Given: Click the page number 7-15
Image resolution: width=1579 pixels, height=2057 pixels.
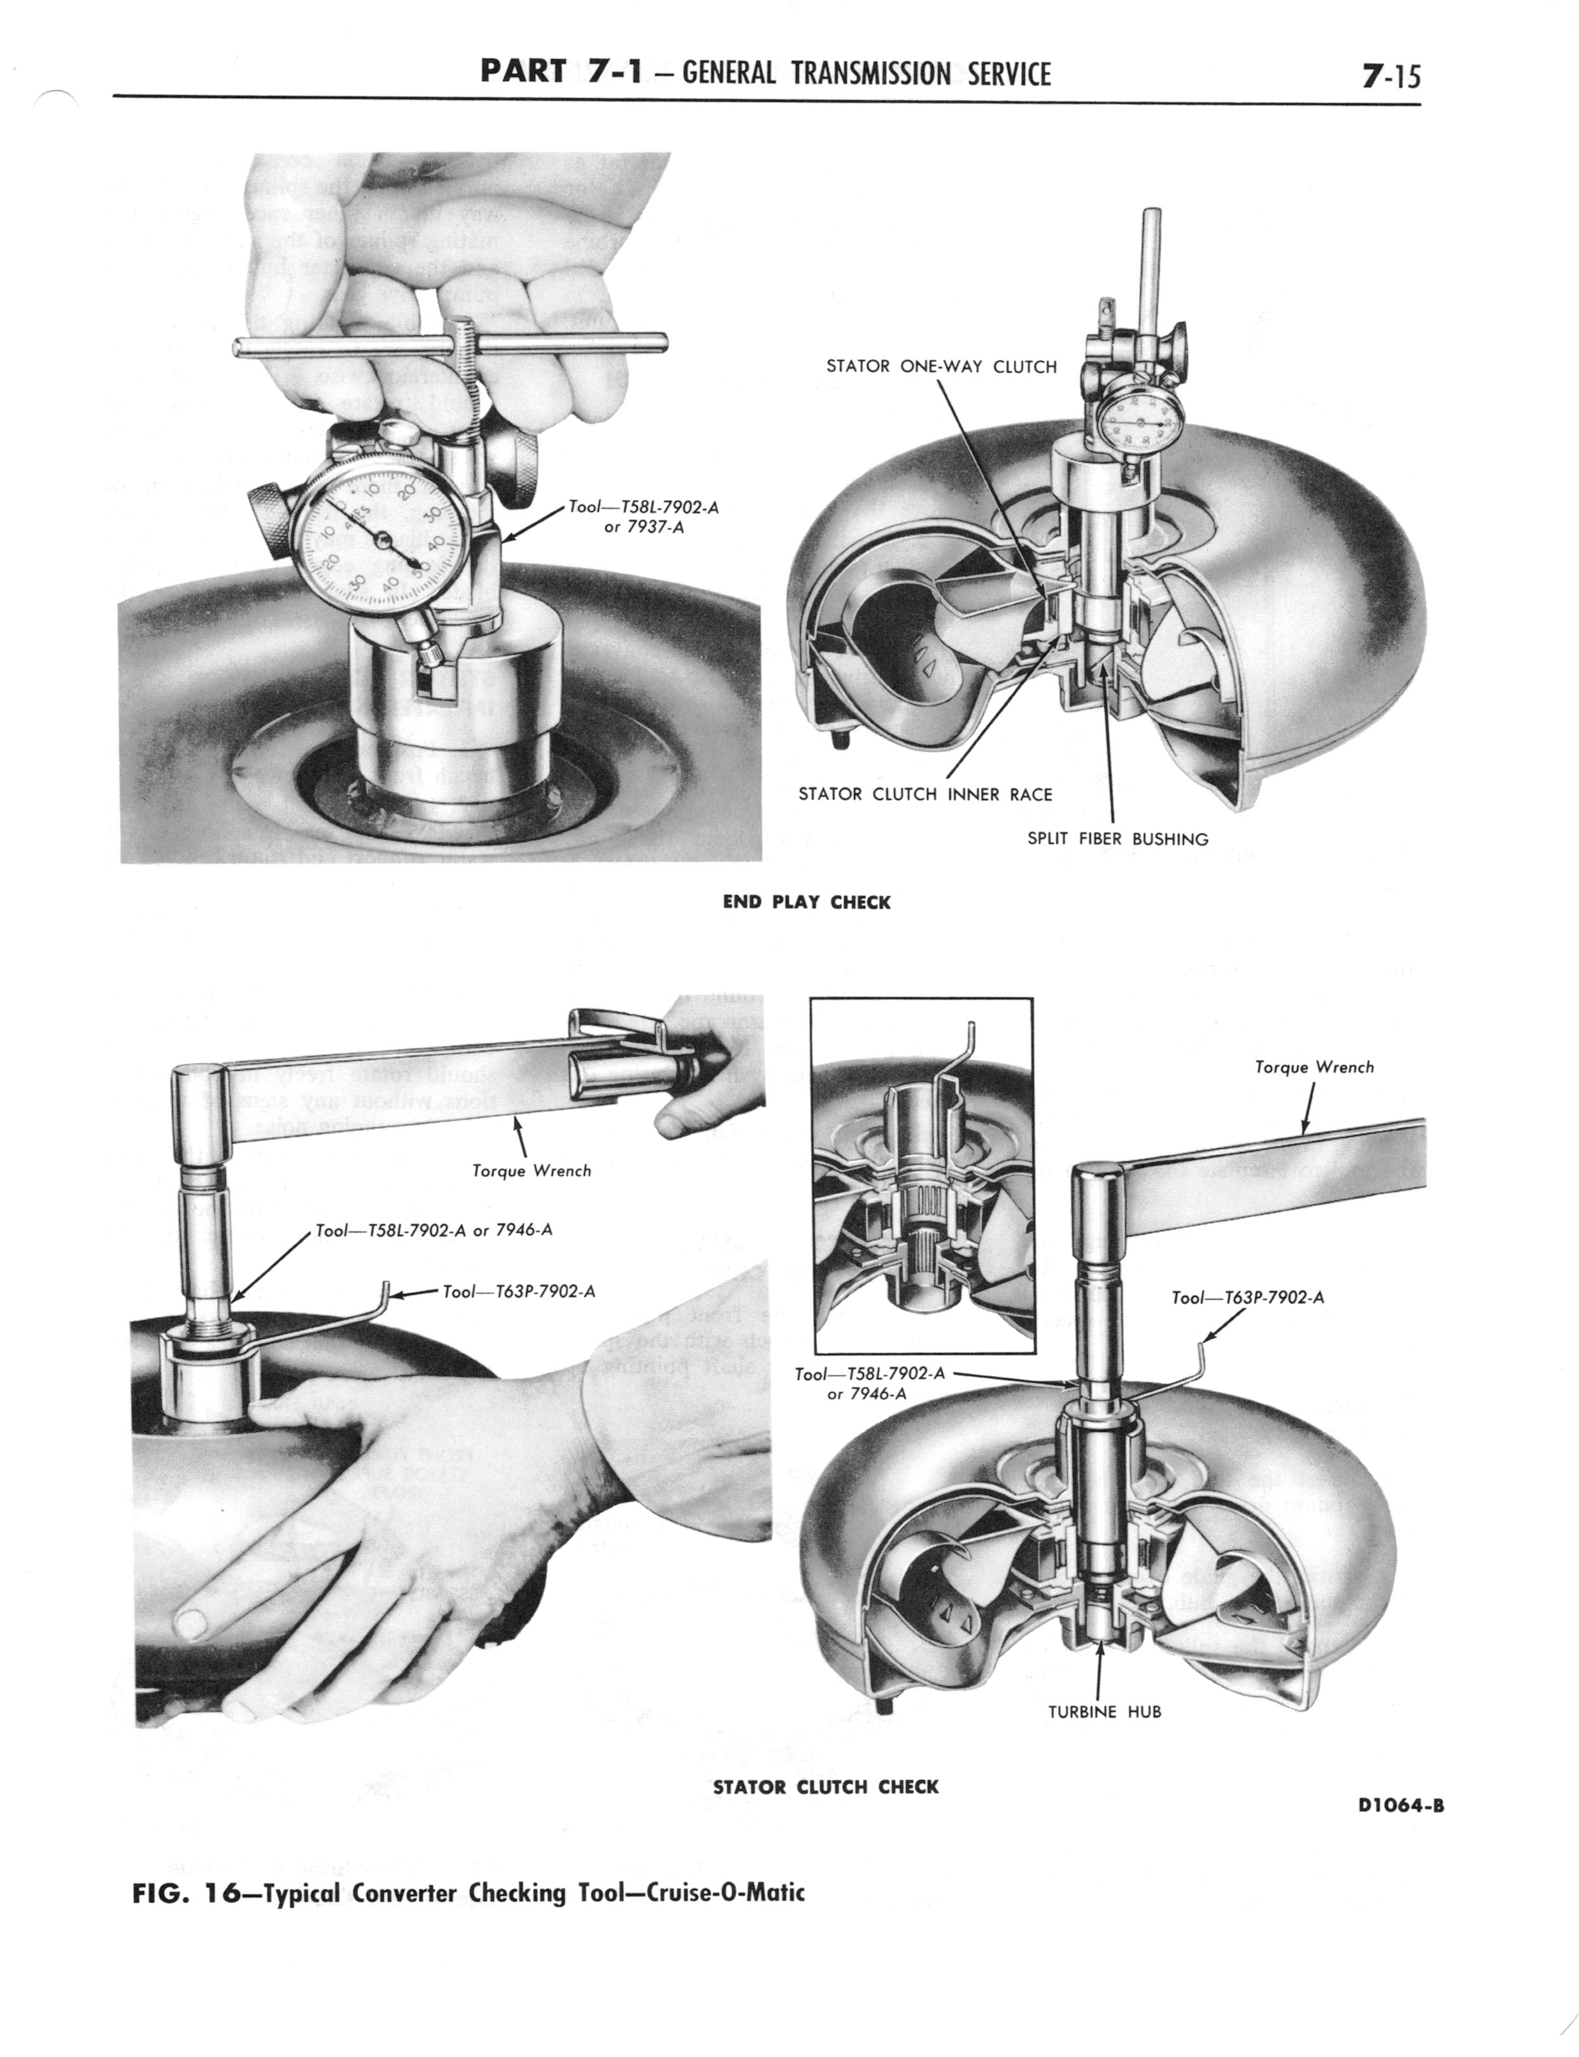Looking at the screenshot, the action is tap(1392, 75).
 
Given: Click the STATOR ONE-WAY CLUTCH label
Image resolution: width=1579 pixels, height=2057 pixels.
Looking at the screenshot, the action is tap(941, 367).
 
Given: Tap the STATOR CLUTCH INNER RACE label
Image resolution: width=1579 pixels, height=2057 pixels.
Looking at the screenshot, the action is tap(925, 794).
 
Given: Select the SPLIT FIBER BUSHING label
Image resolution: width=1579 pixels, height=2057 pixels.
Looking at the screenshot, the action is tap(1117, 838).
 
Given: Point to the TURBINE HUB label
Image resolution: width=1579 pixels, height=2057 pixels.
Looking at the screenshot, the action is tap(1105, 1712).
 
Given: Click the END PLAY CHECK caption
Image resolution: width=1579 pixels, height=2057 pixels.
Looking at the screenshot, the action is tap(807, 903).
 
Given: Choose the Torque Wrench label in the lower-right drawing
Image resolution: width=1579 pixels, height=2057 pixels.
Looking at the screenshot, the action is tap(1314, 1067).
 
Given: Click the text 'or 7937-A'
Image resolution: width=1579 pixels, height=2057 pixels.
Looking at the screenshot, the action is tap(643, 527).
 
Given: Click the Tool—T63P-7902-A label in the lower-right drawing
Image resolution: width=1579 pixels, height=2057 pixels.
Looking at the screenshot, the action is tap(1248, 1298).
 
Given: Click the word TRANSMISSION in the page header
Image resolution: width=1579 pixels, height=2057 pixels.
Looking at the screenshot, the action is tap(870, 75).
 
